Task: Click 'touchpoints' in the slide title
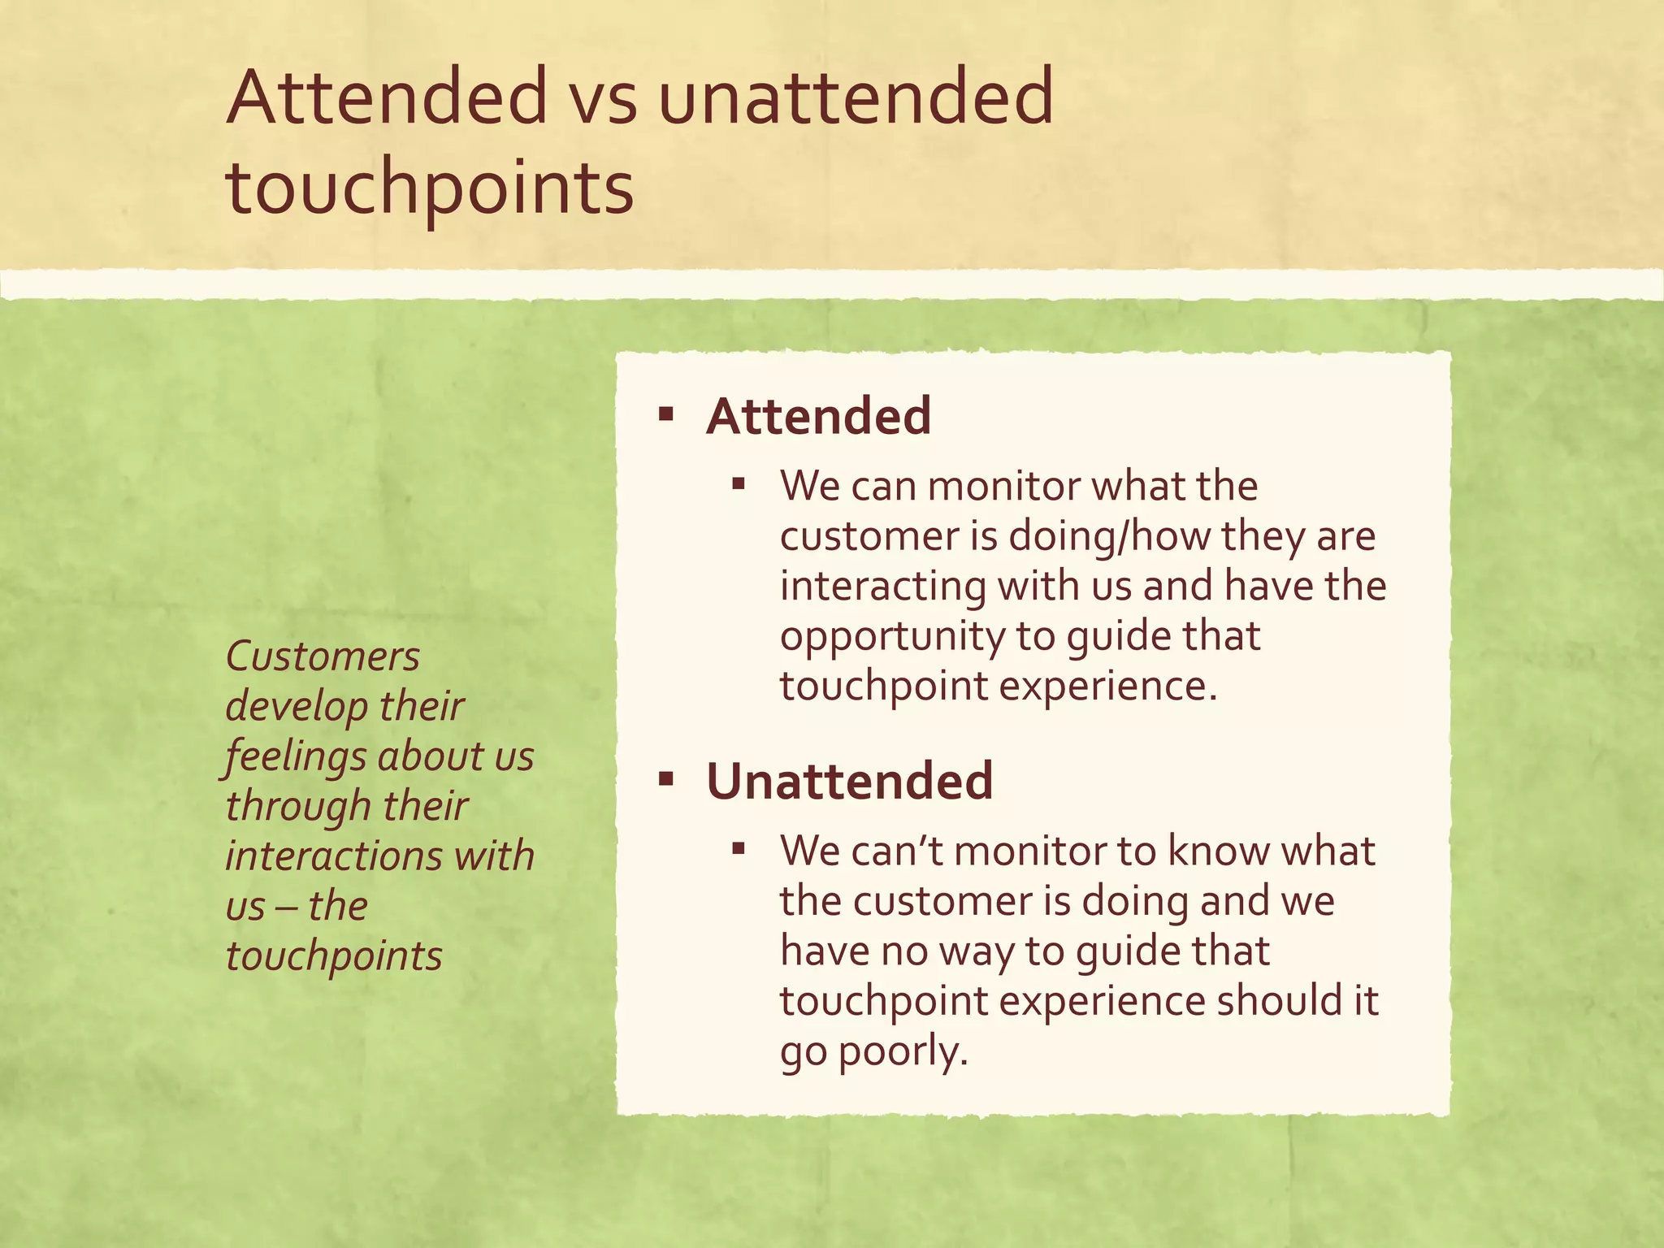[x=430, y=188]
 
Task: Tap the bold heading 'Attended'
[x=818, y=416]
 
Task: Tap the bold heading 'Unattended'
[x=849, y=782]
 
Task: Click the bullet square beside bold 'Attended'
[x=666, y=416]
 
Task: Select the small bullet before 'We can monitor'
[x=738, y=485]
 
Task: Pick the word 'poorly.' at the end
[x=903, y=1051]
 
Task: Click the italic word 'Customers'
[x=323, y=656]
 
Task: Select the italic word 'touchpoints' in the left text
[x=334, y=956]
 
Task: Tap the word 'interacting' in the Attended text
[x=883, y=587]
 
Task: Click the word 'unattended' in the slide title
[x=856, y=99]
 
